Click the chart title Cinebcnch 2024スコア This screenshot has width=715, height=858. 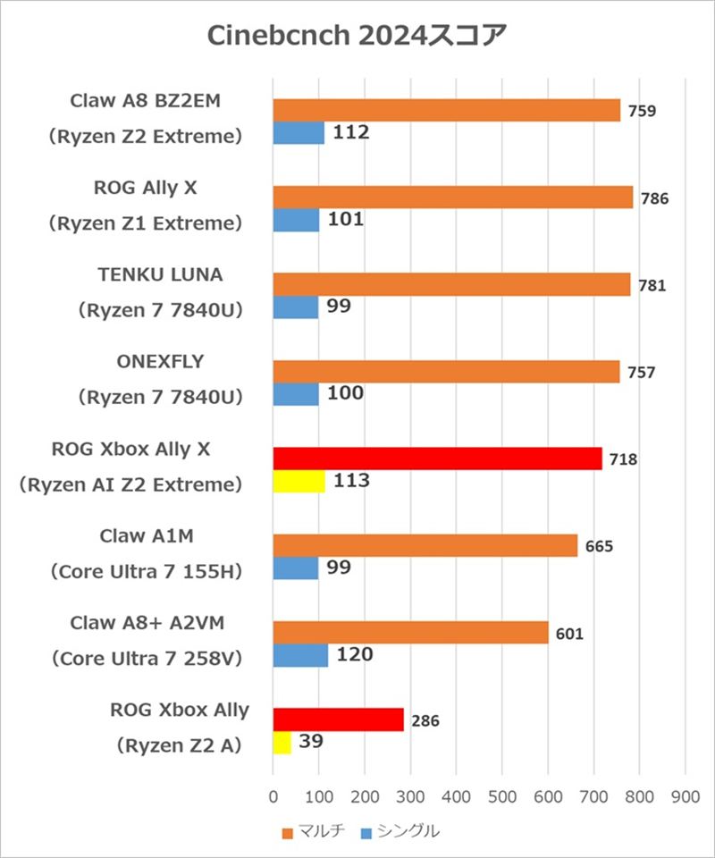[x=357, y=35]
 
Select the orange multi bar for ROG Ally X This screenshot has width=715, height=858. [x=452, y=197]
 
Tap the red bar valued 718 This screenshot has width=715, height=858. [x=437, y=458]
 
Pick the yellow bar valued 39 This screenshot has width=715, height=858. [x=282, y=743]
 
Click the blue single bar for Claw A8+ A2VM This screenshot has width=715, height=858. [x=300, y=655]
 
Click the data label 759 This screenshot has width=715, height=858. [x=643, y=112]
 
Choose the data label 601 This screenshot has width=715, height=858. [x=569, y=634]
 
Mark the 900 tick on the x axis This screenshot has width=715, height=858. [x=686, y=794]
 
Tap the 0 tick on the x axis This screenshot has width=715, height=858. [x=273, y=794]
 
